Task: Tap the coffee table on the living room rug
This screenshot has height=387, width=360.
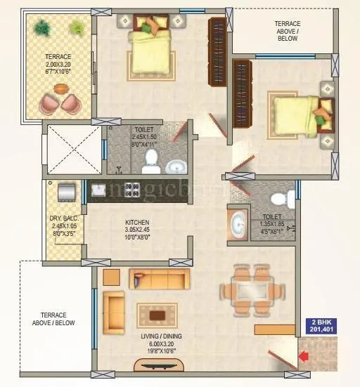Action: [x=157, y=315]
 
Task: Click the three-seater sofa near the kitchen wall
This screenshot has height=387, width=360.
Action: [x=159, y=279]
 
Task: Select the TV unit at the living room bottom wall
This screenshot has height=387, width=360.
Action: [x=158, y=366]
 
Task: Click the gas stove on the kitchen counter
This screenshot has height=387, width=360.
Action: [x=131, y=190]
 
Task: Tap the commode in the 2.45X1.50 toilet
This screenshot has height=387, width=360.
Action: [x=149, y=164]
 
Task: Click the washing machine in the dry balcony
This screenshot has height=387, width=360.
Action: [x=65, y=192]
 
